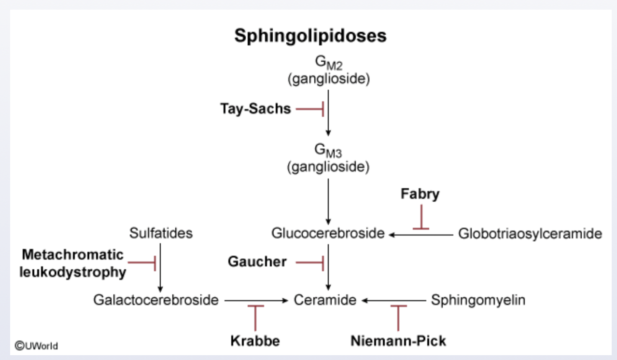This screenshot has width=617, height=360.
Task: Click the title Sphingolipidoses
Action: pos(310,36)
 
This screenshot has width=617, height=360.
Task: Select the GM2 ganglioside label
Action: pos(328,70)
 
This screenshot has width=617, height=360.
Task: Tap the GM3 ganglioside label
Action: pos(328,159)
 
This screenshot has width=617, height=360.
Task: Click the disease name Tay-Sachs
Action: pos(255,109)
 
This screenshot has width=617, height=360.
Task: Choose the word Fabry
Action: pos(420,194)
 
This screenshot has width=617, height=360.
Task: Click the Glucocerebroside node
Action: pos(328,234)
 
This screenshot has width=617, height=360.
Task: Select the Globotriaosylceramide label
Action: pos(530,234)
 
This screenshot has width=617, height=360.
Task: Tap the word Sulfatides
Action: pos(161,234)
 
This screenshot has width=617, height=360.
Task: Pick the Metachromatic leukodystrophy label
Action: pos(73,263)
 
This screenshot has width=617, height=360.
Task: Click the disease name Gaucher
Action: pos(257,262)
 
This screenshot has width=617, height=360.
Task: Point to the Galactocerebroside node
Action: pos(156,300)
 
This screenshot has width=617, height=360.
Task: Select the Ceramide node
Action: pos(325,300)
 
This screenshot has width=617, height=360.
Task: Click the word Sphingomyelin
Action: pos(478,300)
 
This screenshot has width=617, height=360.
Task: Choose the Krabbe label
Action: pos(255,341)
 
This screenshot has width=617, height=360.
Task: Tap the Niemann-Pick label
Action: pos(398,341)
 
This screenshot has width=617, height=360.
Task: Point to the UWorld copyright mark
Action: pos(36,346)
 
